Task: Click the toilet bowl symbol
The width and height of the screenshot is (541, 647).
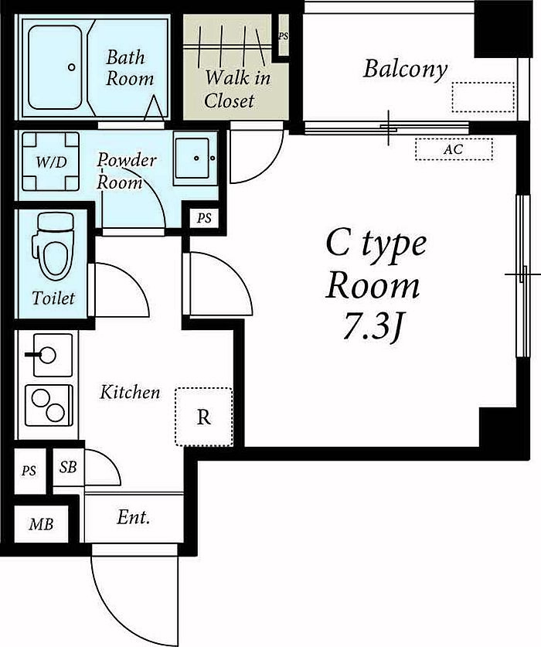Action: click(x=53, y=247)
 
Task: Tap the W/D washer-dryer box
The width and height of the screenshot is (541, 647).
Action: click(x=50, y=162)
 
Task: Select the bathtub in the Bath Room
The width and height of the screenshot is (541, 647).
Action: click(x=55, y=67)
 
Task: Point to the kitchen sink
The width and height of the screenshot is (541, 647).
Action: click(x=53, y=355)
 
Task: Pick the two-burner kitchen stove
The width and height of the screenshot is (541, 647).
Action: click(x=49, y=405)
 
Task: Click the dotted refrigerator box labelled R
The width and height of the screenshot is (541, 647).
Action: click(x=204, y=417)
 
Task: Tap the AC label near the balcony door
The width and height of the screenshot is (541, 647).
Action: click(x=454, y=149)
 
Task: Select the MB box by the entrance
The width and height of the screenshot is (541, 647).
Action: click(x=41, y=524)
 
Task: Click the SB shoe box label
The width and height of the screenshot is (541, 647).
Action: click(x=68, y=467)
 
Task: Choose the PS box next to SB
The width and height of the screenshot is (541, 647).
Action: click(x=29, y=471)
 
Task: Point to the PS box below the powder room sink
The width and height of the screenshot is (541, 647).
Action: click(x=204, y=217)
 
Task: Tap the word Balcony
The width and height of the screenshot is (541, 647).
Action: click(x=405, y=70)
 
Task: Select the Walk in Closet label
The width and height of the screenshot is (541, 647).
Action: click(x=236, y=89)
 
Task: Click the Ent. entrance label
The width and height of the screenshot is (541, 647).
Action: click(x=133, y=517)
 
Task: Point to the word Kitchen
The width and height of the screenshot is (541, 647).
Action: click(x=130, y=392)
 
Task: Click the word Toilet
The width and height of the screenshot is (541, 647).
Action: click(x=53, y=298)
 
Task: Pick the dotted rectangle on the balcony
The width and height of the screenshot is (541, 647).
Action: click(x=483, y=97)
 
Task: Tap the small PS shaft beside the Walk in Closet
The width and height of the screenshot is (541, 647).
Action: click(x=284, y=36)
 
